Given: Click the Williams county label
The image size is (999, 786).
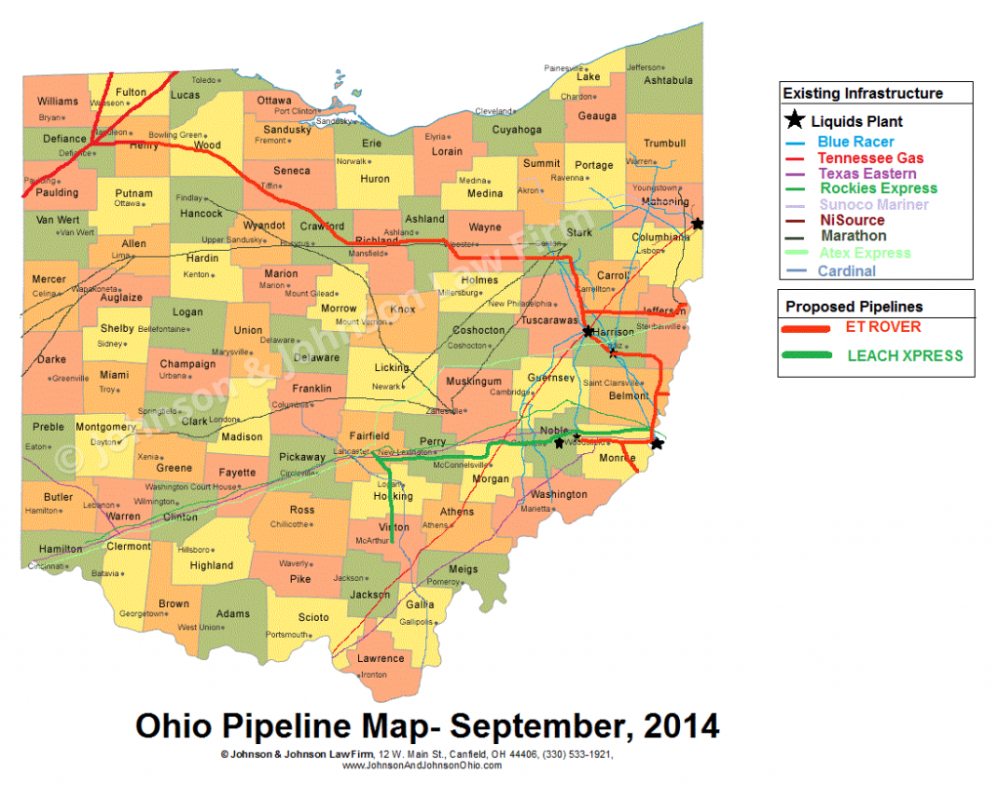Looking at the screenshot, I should tap(58, 102).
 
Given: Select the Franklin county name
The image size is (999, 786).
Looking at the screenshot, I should tap(311, 389).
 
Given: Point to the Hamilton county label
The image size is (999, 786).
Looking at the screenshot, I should tap(60, 549).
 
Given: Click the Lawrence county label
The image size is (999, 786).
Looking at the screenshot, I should tap(380, 658).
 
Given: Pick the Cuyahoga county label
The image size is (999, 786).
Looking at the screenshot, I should tap(516, 130).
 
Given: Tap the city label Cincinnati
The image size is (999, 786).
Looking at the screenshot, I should tap(47, 566).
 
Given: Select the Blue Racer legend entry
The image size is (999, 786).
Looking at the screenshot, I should tap(856, 142).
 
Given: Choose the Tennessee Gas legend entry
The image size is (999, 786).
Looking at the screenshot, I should tap(870, 157).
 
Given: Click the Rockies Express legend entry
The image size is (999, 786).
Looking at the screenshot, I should tap(878, 188).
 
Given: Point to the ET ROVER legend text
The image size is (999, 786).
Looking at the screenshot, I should tap(883, 327).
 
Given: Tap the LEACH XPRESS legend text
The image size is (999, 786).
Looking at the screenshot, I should tap(904, 355).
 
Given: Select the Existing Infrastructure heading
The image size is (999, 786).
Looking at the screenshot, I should tap(862, 94).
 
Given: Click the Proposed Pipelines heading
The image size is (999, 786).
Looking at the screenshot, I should tap(853, 307).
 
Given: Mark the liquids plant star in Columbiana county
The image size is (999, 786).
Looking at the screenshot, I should tap(697, 224).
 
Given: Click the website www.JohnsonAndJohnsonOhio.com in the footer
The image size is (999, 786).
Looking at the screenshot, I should tap(421, 765).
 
